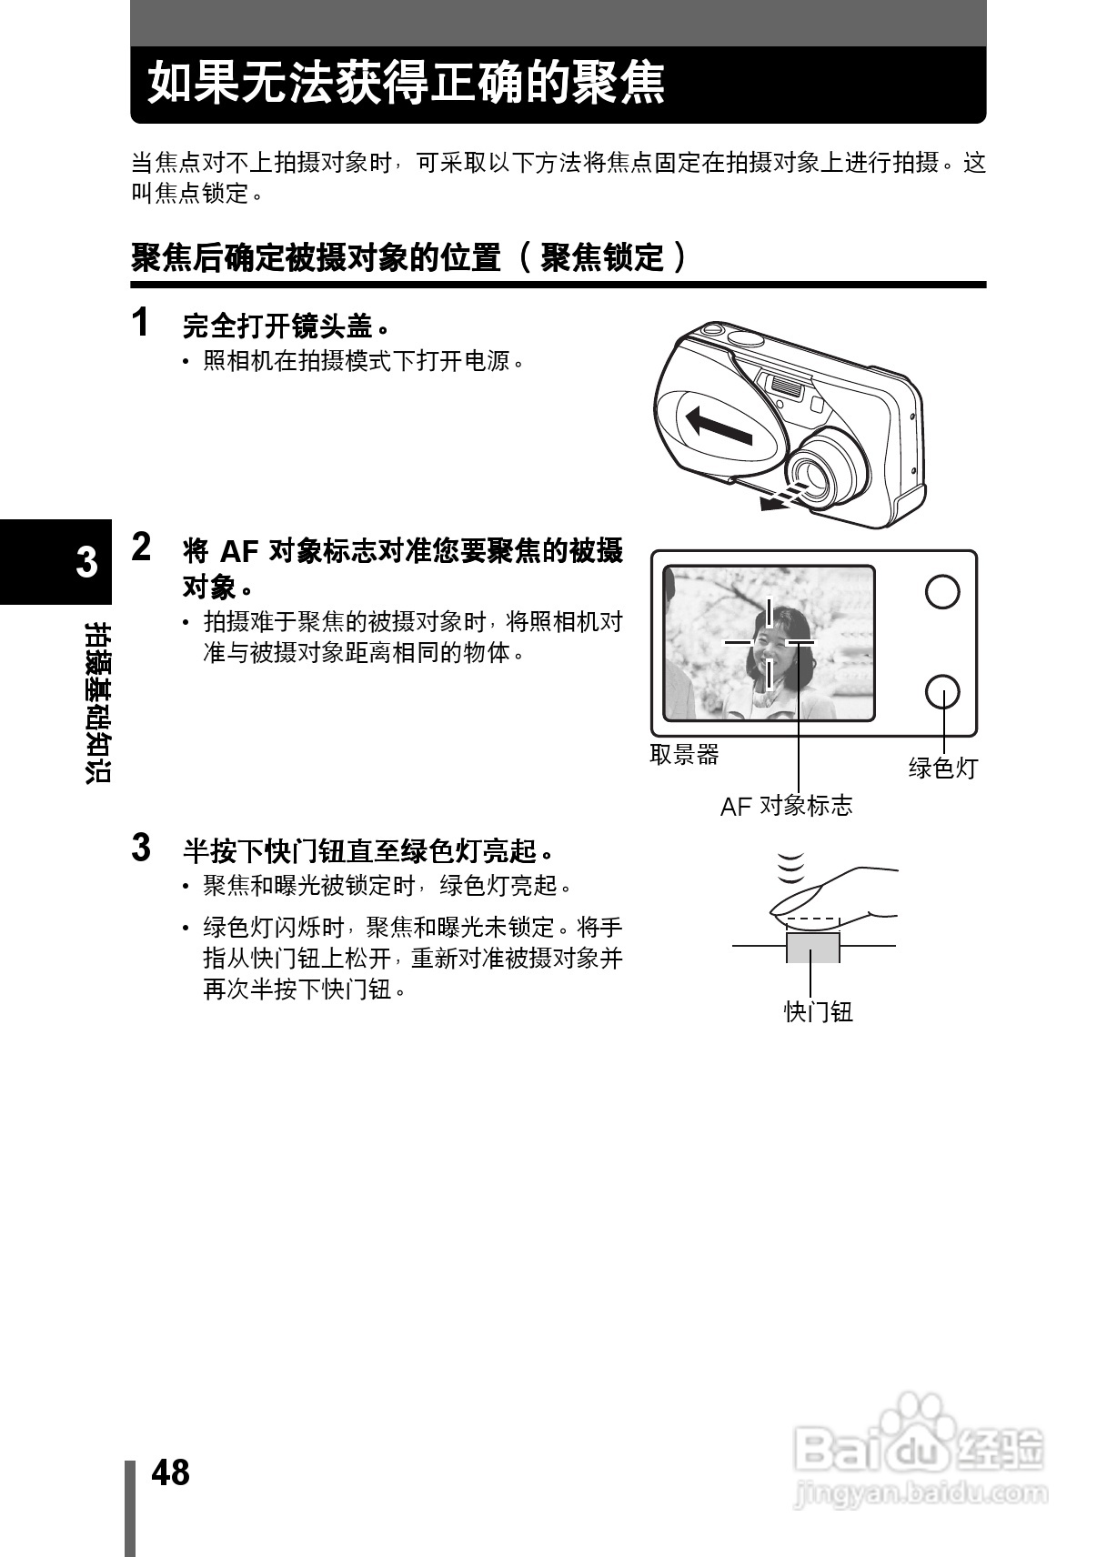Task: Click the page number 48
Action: coord(170,1472)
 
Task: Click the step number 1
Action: coord(141,322)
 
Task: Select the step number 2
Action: coord(142,547)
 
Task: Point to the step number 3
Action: coord(141,847)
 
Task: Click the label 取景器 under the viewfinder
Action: coord(684,754)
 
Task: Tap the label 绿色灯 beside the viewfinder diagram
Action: coord(942,768)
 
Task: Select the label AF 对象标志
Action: coord(786,805)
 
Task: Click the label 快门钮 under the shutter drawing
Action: coord(818,1011)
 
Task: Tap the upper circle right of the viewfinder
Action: coord(941,592)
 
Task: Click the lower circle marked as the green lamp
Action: coord(941,691)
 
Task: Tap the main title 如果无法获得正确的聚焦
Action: coord(407,84)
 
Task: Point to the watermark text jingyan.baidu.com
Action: coord(920,1492)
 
